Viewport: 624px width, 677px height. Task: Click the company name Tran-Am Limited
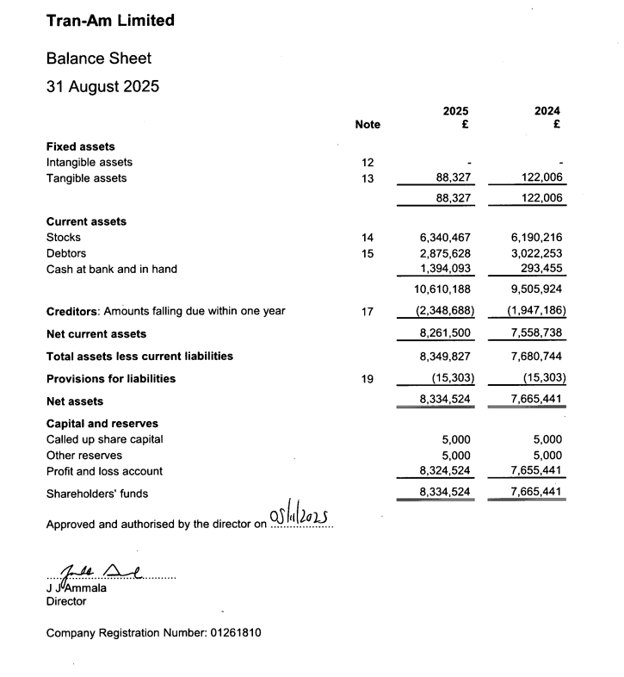coord(109,21)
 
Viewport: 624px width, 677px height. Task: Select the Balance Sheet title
coord(98,59)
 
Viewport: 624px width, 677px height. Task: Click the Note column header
coord(368,124)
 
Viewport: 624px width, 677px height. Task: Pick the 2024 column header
coord(547,111)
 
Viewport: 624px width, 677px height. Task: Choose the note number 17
coord(368,311)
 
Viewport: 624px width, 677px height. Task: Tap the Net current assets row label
coord(96,333)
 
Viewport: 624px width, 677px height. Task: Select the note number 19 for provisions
coord(368,378)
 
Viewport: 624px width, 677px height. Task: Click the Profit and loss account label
coord(104,471)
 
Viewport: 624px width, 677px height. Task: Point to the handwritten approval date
coord(300,517)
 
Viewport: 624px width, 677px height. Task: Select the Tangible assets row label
coord(86,178)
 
